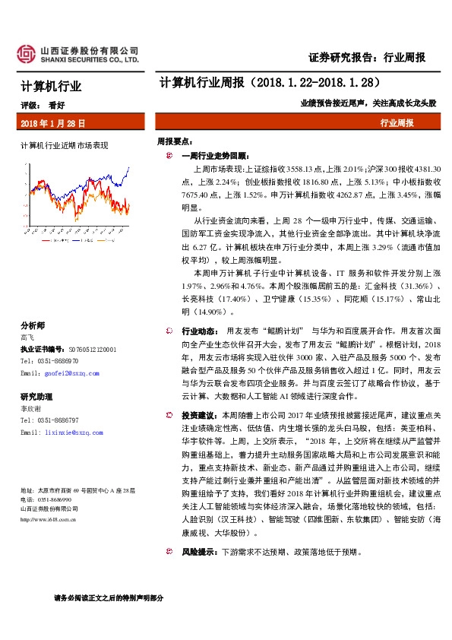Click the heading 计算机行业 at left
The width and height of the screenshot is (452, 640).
click(x=50, y=87)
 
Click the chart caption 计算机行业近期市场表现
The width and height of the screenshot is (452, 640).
click(x=65, y=144)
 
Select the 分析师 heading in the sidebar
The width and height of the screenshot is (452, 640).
click(x=33, y=324)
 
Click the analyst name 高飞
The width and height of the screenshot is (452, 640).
click(x=27, y=336)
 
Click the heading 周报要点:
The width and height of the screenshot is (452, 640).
click(x=175, y=141)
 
